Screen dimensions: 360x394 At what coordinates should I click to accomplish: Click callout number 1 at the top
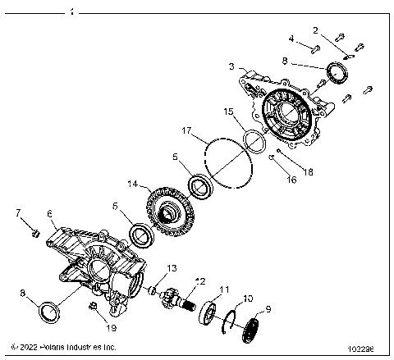[71, 13]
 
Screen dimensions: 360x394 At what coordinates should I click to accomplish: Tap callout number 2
[316, 30]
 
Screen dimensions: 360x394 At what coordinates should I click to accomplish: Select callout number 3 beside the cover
[232, 65]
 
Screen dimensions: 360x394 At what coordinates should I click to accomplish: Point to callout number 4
[291, 38]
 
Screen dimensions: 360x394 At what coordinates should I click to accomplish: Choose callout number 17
[186, 130]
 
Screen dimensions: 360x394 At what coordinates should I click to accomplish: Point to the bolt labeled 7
[34, 232]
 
